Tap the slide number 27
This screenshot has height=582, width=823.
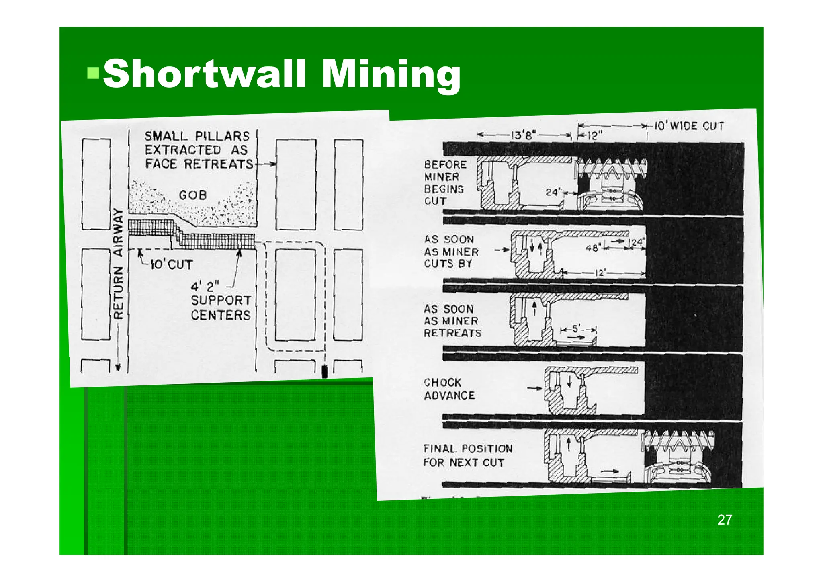[725, 520]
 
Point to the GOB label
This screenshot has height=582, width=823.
[193, 195]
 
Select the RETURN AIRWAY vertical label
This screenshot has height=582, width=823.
[118, 263]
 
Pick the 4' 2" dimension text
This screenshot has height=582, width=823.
[205, 287]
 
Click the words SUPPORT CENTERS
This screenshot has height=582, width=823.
[221, 308]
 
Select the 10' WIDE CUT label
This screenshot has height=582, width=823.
[689, 126]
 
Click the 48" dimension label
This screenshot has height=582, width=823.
[593, 248]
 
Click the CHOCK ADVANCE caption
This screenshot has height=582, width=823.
[449, 389]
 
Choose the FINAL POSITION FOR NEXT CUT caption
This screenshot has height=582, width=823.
[467, 455]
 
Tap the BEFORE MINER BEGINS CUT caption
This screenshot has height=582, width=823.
[445, 183]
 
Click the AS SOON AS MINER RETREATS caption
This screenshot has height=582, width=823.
[452, 321]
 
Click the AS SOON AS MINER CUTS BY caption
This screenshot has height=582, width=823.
[451, 252]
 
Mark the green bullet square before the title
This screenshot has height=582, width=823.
[93, 73]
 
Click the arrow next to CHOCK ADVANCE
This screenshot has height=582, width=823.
[534, 388]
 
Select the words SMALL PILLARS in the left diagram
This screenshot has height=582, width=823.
[197, 136]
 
